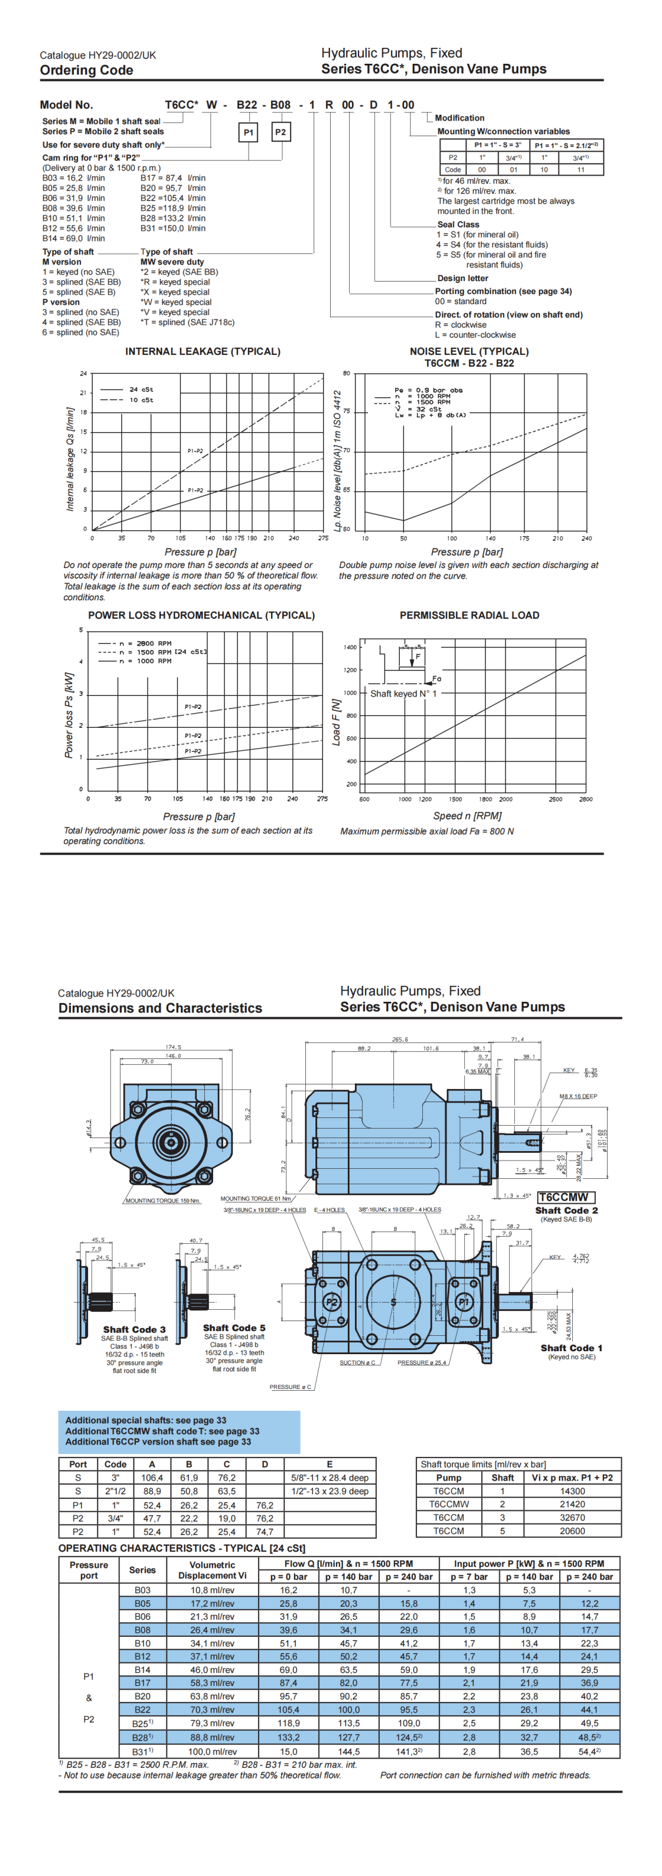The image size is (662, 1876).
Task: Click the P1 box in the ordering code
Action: coord(249,132)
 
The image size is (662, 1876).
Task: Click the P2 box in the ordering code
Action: coord(281,132)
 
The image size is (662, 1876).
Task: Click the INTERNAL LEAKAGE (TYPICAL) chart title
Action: coord(203,351)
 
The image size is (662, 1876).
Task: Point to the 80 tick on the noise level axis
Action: coord(347,374)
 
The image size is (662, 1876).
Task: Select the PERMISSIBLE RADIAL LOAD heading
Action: coord(469,615)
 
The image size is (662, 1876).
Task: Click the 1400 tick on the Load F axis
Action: coord(350,647)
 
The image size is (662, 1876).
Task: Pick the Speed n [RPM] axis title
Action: coord(467,816)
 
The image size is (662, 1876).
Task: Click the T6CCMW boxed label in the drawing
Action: coord(565,1197)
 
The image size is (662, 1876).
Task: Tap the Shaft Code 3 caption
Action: coord(134,1329)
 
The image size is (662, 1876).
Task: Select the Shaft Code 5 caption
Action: coord(234,1328)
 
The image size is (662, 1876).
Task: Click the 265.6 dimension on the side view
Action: coord(400,1039)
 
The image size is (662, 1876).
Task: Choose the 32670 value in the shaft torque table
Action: coord(572,1518)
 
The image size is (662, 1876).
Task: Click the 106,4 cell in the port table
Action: coord(152,1478)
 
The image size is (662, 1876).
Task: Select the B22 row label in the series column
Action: coord(143,1709)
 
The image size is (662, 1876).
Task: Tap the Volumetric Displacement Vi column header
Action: coord(212,1570)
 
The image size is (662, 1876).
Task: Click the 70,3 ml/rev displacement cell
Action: coord(212,1709)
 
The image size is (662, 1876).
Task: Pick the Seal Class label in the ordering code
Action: coord(458,224)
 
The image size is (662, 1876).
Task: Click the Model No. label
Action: coord(66,105)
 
